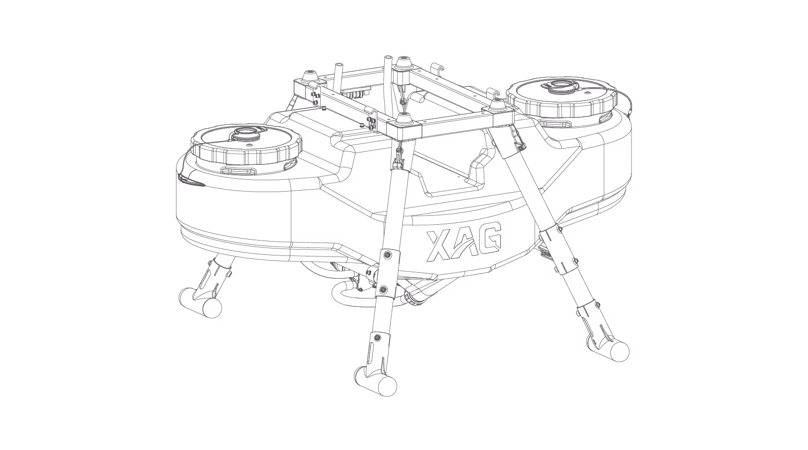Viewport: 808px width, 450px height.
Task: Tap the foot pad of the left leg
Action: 200,302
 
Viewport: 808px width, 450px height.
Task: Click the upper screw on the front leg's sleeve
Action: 387,254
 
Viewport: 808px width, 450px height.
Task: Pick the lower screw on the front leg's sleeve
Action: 383,289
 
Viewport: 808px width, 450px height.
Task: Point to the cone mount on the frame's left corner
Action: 309,77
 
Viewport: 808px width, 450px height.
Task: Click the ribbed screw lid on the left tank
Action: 246,145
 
